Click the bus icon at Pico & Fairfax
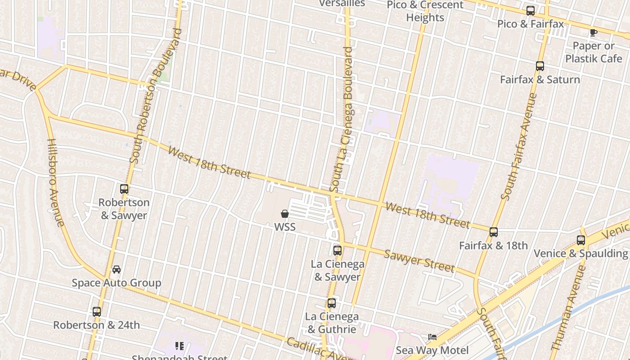pyautogui.click(x=531, y=11)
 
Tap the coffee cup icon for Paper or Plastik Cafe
pyautogui.click(x=593, y=32)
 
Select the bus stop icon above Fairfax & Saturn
pyautogui.click(x=540, y=66)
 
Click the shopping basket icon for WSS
pyautogui.click(x=285, y=213)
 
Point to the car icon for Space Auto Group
pyautogui.click(x=117, y=270)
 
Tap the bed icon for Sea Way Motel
pyautogui.click(x=432, y=337)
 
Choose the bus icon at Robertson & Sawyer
pyautogui.click(x=124, y=189)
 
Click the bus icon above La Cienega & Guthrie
pyautogui.click(x=332, y=303)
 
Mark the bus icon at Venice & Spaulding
pyautogui.click(x=581, y=240)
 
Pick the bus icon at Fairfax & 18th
pyautogui.click(x=494, y=232)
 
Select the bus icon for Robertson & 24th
pyautogui.click(x=97, y=311)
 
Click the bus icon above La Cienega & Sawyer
pyautogui.click(x=337, y=251)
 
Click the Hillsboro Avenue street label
pyautogui.click(x=56, y=182)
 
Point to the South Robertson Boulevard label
pyautogui.click(x=156, y=95)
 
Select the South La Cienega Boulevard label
pyautogui.click(x=342, y=119)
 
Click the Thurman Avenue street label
pyautogui.click(x=568, y=308)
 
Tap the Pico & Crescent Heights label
pyautogui.click(x=425, y=11)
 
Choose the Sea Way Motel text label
pyautogui.click(x=432, y=351)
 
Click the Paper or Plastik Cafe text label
pyautogui.click(x=594, y=52)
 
